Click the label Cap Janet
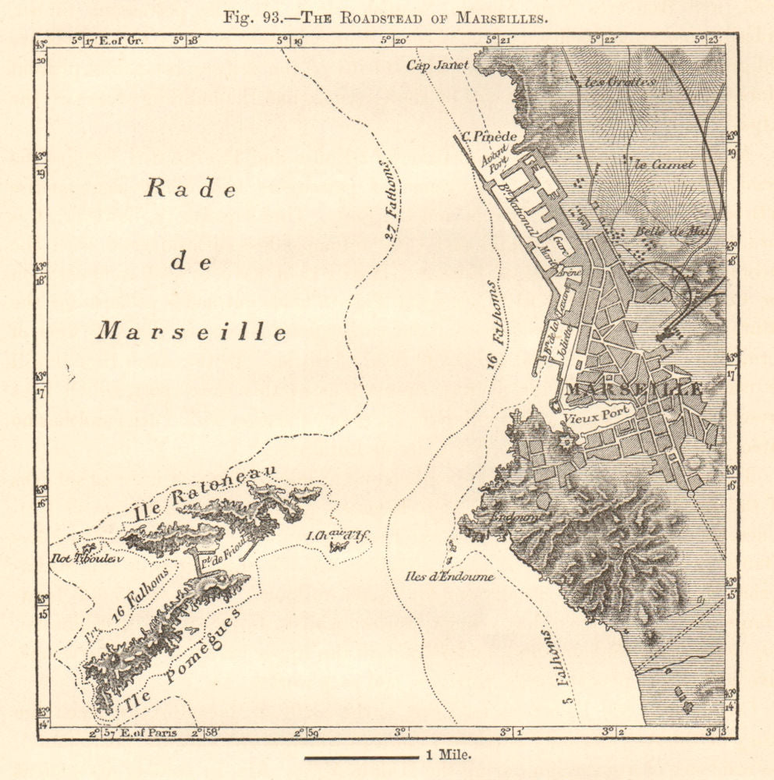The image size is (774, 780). coord(437,66)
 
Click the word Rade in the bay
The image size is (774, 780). coord(190,190)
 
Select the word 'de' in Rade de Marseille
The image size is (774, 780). coord(190,262)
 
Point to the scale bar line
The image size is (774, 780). coord(361,757)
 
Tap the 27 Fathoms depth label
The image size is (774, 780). coord(388,200)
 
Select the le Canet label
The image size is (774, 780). coord(654,164)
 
